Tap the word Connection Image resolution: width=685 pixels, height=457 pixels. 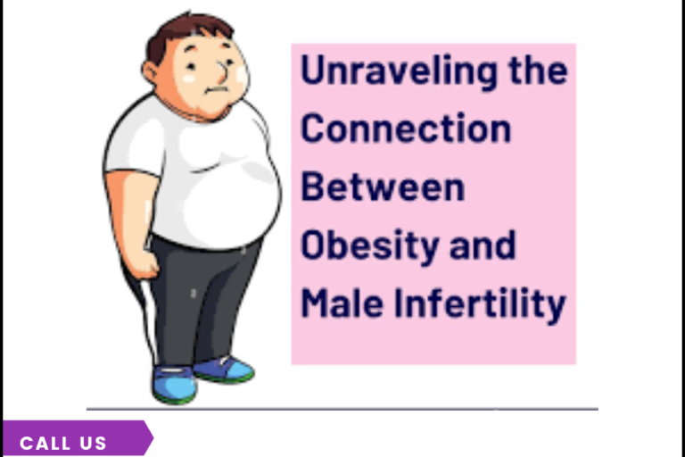point(406,129)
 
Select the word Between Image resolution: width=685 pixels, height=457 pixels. point(383,187)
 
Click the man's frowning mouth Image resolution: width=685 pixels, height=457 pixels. point(213,90)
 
